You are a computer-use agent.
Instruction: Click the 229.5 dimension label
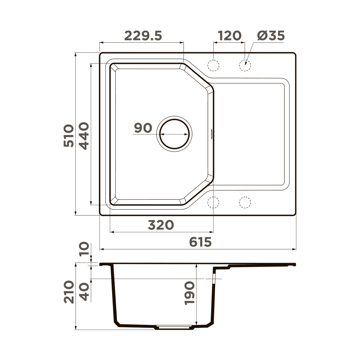coord(143,36)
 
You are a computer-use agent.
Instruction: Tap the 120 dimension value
coord(229,36)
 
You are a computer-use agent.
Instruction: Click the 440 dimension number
coord(84,136)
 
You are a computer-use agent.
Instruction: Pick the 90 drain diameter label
coord(143,128)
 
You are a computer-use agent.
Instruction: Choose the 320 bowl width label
coord(161,225)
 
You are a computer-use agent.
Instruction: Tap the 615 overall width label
coord(200,242)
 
